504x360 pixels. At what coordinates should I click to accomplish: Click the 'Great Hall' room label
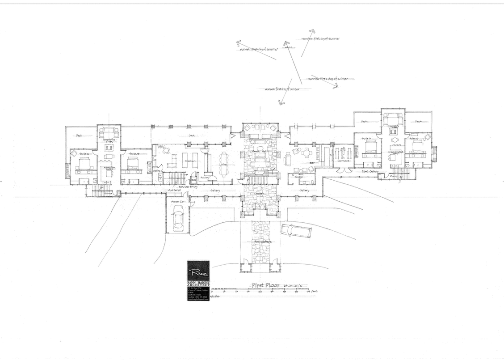tap(260, 152)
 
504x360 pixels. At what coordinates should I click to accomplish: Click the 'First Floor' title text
tap(265, 285)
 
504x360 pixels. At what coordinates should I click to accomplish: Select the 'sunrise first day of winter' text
tap(328, 79)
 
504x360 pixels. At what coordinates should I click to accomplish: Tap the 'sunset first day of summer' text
tap(259, 49)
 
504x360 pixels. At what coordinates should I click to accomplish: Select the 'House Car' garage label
tap(175, 202)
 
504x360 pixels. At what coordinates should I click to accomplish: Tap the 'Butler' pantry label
tap(204, 177)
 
